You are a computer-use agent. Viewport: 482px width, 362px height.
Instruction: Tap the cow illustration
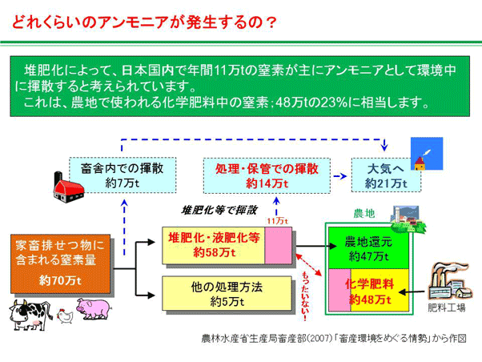[x=30, y=313]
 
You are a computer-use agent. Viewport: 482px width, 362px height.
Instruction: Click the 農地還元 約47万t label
[x=369, y=247]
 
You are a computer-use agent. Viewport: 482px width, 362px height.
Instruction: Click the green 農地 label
[x=364, y=214]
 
